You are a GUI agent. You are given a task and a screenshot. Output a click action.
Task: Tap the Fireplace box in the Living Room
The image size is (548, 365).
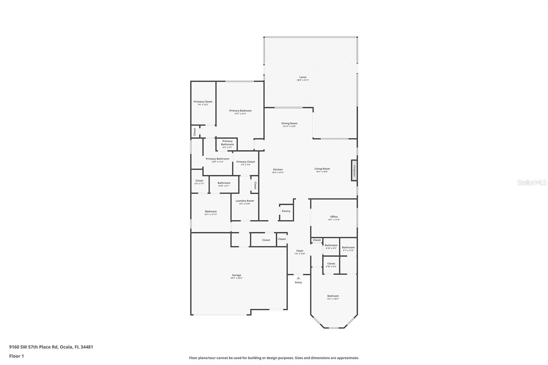point(354,170)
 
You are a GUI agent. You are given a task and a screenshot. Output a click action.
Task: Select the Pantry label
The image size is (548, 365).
point(286,211)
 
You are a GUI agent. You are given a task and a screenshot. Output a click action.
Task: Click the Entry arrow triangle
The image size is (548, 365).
point(298,278)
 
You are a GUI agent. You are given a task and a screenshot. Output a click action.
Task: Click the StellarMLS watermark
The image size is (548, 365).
point(532,183)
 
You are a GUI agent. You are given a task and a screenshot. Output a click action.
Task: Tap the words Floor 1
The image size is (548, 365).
point(16,356)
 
